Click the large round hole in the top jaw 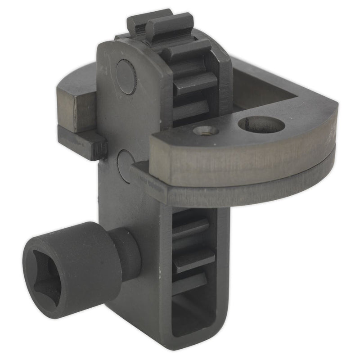(x=261, y=125)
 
